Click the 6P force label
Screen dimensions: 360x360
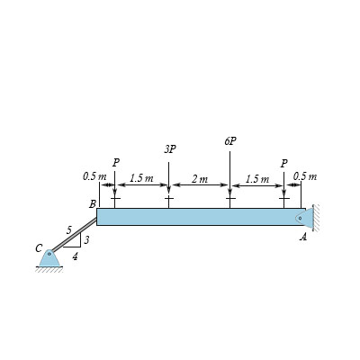coord(230,141)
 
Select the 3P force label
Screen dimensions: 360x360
coord(170,149)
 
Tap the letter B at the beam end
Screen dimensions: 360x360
coord(93,204)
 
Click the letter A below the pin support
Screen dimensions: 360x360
coord(303,238)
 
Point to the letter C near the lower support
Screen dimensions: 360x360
coord(39,248)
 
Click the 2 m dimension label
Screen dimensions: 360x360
coord(200,179)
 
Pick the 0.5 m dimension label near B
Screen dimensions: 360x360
coord(94,176)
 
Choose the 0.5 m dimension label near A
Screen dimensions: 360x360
coord(305,175)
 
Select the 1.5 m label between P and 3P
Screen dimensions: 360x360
coord(141,178)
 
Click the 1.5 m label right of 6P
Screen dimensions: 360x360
coord(257,179)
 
